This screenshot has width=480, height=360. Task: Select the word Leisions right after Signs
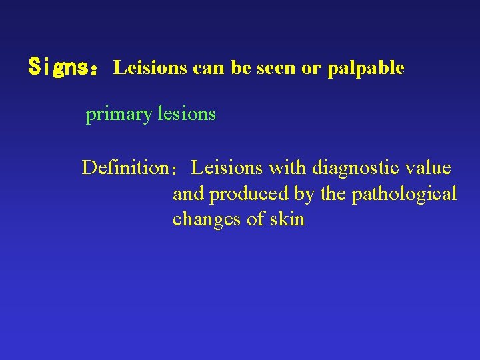[x=150, y=67]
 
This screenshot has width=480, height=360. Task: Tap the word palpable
[x=366, y=67]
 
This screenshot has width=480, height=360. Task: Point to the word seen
[x=280, y=67]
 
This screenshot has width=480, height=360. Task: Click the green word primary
[x=119, y=115]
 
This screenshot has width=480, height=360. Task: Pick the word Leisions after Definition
[x=227, y=167]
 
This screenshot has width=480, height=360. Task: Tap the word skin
[x=287, y=219]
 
